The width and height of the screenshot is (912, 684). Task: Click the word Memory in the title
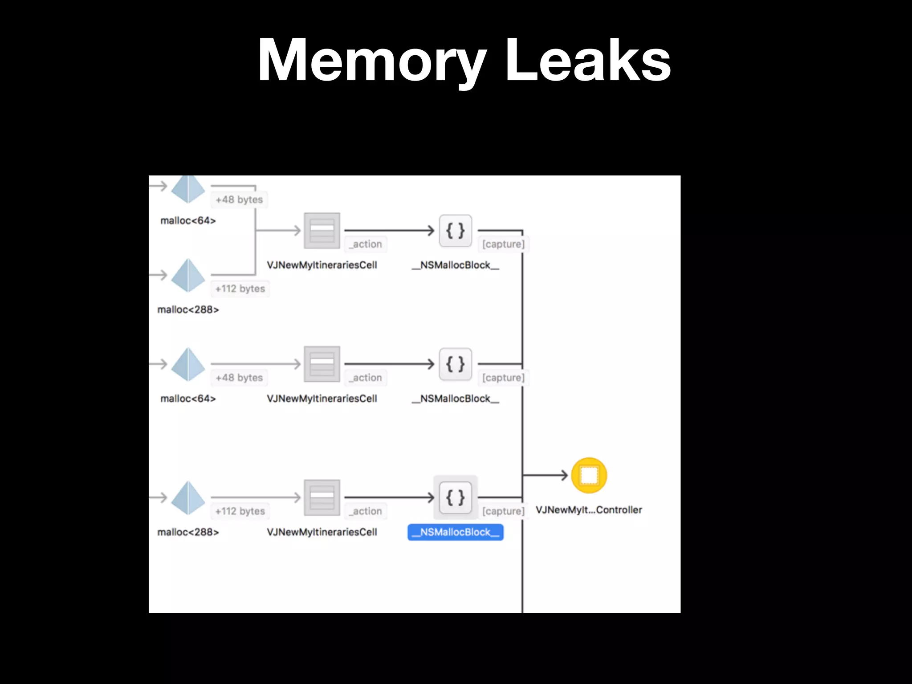[372, 61]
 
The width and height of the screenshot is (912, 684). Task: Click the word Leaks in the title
[587, 61]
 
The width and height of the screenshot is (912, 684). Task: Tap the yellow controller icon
[589, 476]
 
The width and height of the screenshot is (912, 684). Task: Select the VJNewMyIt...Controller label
[589, 510]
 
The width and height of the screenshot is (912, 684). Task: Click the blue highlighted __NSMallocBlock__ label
[455, 532]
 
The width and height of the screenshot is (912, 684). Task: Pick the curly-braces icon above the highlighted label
[455, 497]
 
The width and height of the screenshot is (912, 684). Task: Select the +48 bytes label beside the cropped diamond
[239, 199]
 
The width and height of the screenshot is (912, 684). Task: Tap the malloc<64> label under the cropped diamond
[188, 220]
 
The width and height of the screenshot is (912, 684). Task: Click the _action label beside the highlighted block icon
[366, 511]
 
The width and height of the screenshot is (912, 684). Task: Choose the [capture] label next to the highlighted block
[503, 511]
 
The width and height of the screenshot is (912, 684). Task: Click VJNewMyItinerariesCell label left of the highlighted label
[322, 532]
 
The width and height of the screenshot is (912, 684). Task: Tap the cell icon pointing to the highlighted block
[322, 497]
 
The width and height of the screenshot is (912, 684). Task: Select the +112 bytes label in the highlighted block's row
[240, 511]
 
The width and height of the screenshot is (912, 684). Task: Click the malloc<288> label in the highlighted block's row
[188, 532]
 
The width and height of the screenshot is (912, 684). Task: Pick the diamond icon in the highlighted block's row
[188, 497]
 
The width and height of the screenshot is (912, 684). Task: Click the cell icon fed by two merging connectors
[322, 231]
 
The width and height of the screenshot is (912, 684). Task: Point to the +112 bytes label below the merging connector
[240, 289]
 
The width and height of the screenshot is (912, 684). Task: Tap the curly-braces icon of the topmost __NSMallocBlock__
[455, 231]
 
